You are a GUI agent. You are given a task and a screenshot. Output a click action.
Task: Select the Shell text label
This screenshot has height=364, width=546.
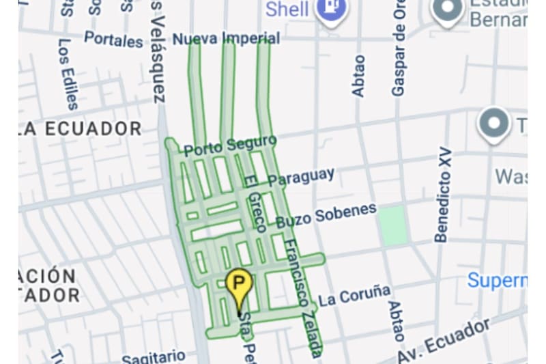point(287,10)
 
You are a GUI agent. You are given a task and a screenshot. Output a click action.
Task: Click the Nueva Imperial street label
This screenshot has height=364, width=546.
point(225,39)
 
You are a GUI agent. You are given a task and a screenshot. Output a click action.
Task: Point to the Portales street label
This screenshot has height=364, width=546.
point(113,39)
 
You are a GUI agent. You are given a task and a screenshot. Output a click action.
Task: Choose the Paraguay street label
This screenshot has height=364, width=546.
point(301,177)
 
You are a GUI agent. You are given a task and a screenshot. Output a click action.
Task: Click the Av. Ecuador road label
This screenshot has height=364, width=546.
point(445,341)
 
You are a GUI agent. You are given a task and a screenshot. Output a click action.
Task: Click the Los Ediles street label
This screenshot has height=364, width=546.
point(68,74)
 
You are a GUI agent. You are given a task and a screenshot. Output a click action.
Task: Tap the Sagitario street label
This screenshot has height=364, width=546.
point(153,356)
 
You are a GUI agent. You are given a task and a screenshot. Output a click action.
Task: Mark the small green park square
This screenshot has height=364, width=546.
point(393,225)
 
